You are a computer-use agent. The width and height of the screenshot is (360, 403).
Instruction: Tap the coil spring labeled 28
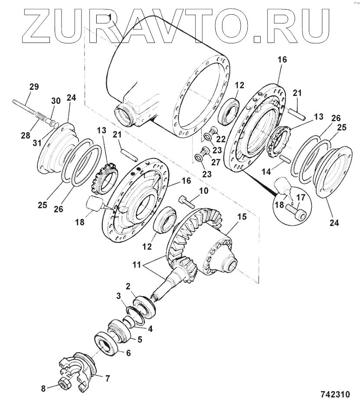point(39,117)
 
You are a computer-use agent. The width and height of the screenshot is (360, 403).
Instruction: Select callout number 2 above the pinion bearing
point(128,286)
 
